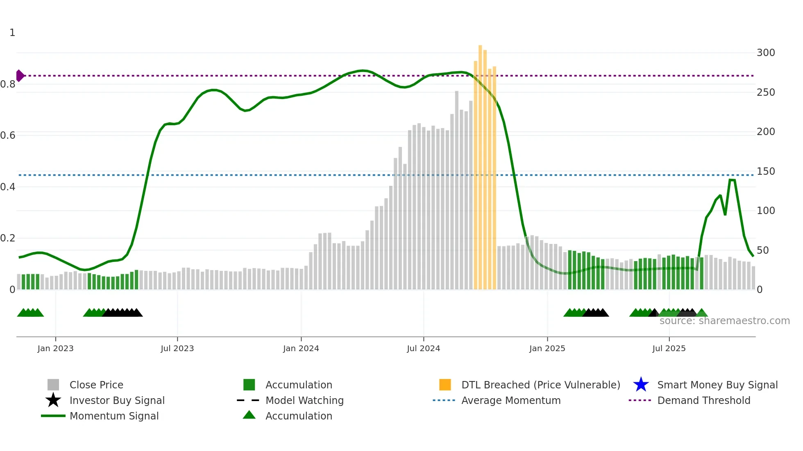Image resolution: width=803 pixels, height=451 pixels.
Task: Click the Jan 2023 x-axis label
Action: tap(55, 348)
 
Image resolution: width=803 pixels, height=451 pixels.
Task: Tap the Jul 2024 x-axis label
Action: tap(423, 348)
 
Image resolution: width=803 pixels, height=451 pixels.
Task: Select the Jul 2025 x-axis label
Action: tap(669, 348)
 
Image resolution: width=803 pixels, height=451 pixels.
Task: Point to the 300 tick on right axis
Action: tap(765, 53)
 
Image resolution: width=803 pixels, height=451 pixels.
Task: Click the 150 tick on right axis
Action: tap(765, 171)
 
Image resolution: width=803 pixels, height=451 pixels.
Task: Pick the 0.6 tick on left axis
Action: tap(8, 135)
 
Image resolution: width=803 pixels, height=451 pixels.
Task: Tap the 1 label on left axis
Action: tap(12, 33)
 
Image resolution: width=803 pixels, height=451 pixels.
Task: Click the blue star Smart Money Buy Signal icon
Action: tap(641, 385)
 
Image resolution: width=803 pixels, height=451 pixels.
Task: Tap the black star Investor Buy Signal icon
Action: tap(53, 400)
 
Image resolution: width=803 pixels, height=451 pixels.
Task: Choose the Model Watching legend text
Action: tap(304, 400)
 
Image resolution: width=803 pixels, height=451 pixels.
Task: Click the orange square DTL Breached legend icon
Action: tap(445, 385)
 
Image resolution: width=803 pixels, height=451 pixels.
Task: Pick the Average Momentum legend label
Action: tap(511, 400)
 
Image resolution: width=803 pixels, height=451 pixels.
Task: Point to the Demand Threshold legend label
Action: tap(703, 400)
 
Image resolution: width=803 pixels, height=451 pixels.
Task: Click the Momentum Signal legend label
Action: tap(114, 416)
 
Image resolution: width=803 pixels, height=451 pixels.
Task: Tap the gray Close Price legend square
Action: tap(53, 385)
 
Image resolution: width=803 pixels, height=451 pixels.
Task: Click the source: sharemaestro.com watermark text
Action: tap(724, 321)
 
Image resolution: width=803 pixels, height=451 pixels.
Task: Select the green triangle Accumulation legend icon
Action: tap(249, 415)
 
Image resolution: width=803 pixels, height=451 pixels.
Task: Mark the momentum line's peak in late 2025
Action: tap(732, 180)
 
